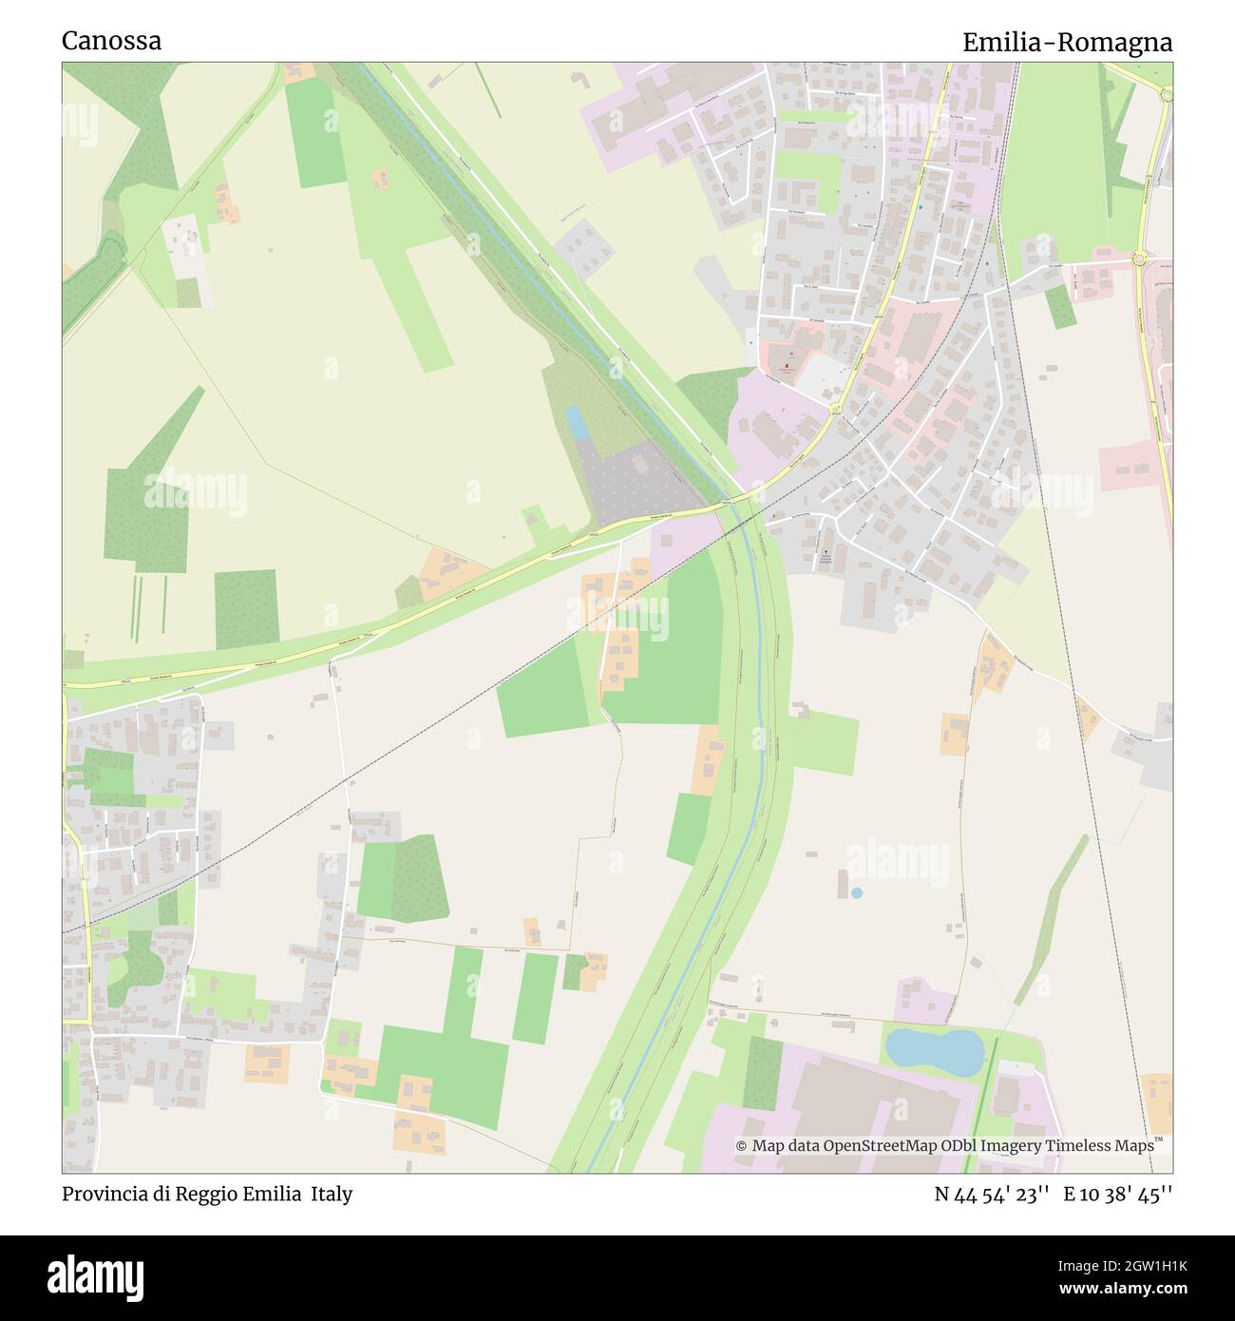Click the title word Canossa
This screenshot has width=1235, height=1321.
point(111,41)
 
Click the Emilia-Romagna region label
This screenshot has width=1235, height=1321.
point(1067,43)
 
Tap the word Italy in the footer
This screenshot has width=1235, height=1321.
point(332,1194)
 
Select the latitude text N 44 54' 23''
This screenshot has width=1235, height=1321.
point(991,1194)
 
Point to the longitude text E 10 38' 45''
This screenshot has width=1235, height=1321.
point(1118,1194)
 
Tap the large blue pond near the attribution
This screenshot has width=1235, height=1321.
point(934,1050)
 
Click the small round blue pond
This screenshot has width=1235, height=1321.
point(857,893)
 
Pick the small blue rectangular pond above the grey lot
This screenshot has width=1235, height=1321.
point(576,423)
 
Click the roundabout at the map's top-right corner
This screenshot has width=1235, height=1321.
point(1167,92)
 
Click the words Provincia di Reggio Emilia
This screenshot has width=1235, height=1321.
point(180,1194)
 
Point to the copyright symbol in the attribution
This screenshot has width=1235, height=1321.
point(742,1146)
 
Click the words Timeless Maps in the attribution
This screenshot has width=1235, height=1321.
point(1100,1146)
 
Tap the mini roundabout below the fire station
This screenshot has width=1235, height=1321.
point(834,410)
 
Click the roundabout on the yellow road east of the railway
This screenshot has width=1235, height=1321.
point(1139,258)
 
